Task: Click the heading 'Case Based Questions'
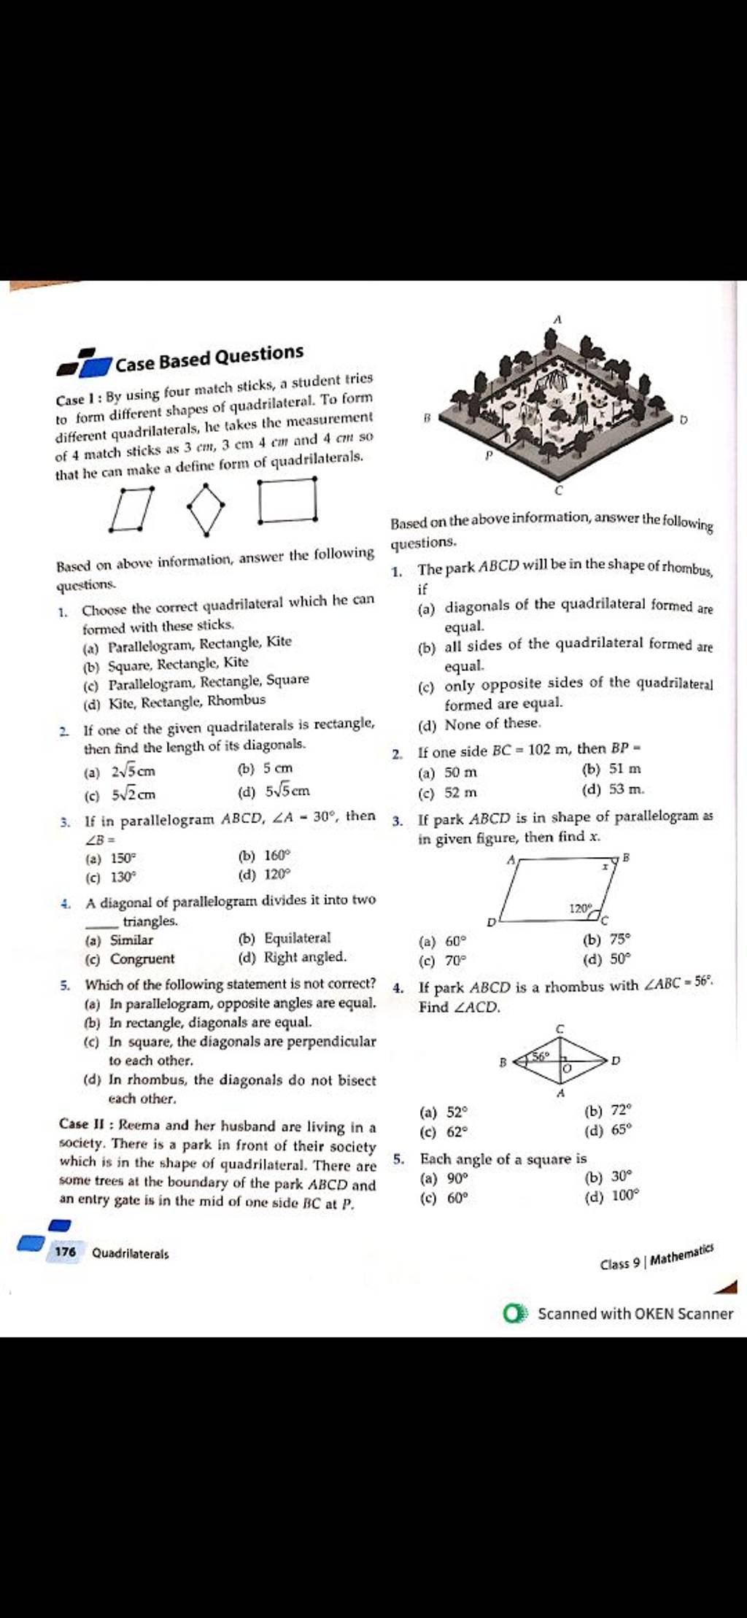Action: click(209, 357)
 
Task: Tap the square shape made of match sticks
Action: click(288, 500)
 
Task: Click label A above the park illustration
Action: click(557, 320)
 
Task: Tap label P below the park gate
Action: click(489, 454)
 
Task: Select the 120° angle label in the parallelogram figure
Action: click(580, 908)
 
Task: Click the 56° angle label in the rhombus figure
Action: click(541, 1056)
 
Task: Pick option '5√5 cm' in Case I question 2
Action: click(287, 790)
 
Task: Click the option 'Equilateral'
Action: click(297, 938)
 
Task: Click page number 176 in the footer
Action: click(65, 1253)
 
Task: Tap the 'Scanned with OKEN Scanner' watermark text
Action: click(635, 1314)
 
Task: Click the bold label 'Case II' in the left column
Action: click(85, 1125)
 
